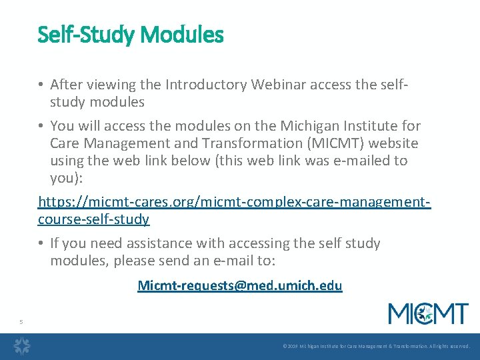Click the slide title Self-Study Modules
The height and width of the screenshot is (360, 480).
click(131, 34)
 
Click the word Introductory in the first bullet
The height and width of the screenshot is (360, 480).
click(206, 84)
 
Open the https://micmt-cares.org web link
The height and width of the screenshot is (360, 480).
click(234, 201)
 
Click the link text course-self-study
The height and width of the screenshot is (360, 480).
click(93, 219)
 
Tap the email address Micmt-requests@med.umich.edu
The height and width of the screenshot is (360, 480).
click(239, 286)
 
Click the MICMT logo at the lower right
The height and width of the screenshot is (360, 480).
click(429, 313)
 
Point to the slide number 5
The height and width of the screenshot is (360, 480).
click(21, 322)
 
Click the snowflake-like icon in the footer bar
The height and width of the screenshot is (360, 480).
click(22, 346)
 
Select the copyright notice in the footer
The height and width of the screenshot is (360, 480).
click(376, 347)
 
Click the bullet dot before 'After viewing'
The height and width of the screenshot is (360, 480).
click(41, 84)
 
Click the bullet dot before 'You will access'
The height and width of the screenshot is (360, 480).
click(41, 126)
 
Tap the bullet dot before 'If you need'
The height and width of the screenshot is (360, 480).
click(41, 243)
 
